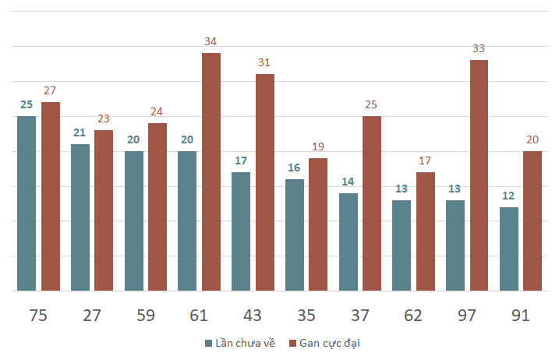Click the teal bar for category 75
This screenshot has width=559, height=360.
(27, 203)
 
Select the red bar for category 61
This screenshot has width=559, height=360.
(211, 171)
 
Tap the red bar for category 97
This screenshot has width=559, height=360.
(479, 175)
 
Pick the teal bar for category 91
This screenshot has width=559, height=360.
(509, 249)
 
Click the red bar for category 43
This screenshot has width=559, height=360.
(265, 182)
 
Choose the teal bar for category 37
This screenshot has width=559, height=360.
(348, 242)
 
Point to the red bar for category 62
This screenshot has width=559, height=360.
(426, 231)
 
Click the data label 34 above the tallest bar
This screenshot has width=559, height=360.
(211, 41)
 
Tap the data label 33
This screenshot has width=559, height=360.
(479, 48)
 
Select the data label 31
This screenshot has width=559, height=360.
(264, 62)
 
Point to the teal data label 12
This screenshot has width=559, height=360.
(508, 196)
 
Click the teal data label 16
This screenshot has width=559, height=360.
(294, 168)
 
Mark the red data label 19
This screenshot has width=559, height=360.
(318, 146)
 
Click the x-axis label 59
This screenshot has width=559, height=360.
(146, 316)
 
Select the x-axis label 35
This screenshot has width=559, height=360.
(306, 316)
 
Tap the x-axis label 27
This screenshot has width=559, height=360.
(92, 316)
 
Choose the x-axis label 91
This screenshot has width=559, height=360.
(521, 316)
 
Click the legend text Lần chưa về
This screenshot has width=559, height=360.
(246, 343)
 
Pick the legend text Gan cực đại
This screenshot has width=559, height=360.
(330, 344)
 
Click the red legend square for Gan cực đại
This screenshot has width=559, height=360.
(292, 344)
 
